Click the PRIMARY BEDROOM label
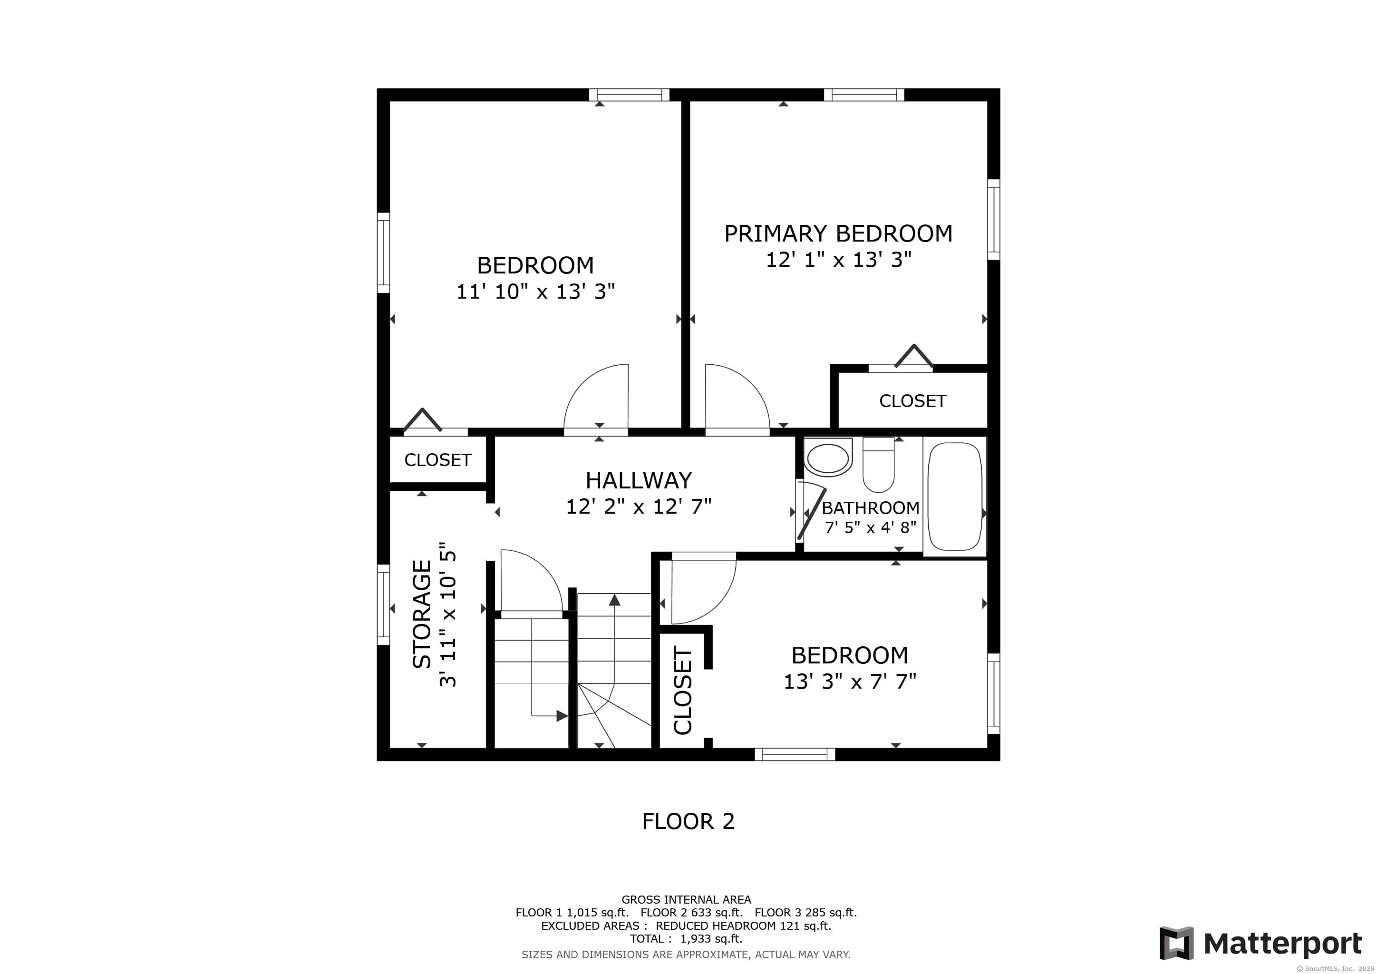click(x=838, y=234)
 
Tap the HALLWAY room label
click(x=639, y=480)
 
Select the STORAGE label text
click(x=422, y=614)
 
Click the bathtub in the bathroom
click(x=955, y=497)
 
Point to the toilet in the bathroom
click(x=879, y=464)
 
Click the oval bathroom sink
click(x=828, y=458)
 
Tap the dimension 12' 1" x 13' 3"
click(x=838, y=260)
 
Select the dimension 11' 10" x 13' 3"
click(x=535, y=292)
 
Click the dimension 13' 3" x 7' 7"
click(x=850, y=682)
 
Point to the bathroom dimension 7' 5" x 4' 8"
click(x=870, y=528)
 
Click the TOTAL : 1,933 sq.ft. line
click(x=686, y=939)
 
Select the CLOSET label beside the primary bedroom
click(x=913, y=401)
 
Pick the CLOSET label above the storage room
click(x=438, y=460)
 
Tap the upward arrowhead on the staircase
click(x=614, y=599)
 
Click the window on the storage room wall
click(x=383, y=604)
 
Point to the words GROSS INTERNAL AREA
click(x=686, y=900)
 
